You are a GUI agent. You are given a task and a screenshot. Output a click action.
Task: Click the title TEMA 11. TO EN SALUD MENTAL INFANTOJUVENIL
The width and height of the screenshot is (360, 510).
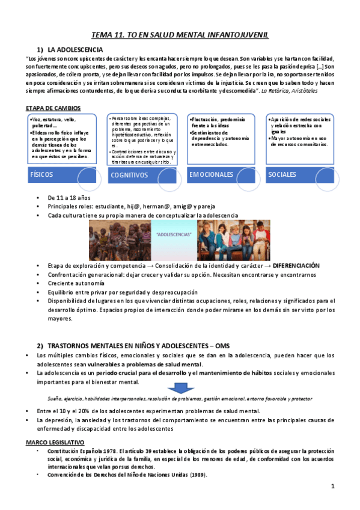[180, 35]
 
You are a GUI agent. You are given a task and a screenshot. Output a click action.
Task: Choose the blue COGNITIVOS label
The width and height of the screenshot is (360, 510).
[129, 175]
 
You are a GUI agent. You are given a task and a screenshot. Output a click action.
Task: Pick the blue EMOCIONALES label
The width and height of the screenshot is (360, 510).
[211, 174]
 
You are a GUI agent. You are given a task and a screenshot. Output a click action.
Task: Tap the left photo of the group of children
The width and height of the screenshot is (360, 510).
[120, 239]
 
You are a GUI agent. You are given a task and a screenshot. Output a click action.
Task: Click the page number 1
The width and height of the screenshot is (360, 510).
[332, 485]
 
